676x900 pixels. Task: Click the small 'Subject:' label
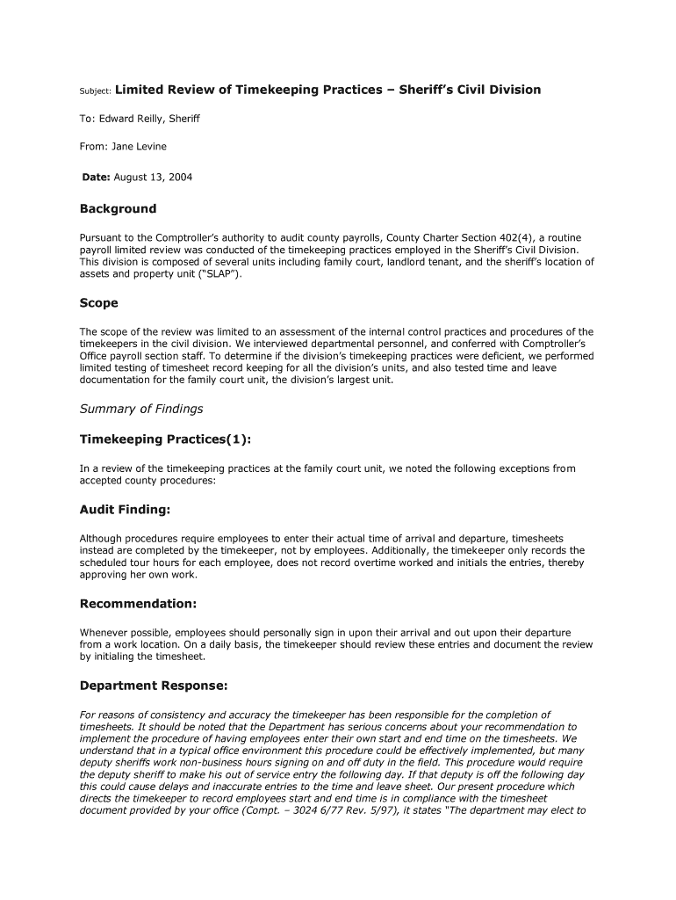[x=94, y=91]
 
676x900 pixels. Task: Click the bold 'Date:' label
[x=96, y=177]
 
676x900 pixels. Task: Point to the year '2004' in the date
[x=179, y=177]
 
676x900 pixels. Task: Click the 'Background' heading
[x=118, y=209]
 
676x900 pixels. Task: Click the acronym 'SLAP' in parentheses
[x=219, y=273]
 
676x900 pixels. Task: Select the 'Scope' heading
[x=98, y=303]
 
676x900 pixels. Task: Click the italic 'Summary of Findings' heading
[x=141, y=409]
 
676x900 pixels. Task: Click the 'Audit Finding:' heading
[x=125, y=510]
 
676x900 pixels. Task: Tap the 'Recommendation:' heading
[x=138, y=604]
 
